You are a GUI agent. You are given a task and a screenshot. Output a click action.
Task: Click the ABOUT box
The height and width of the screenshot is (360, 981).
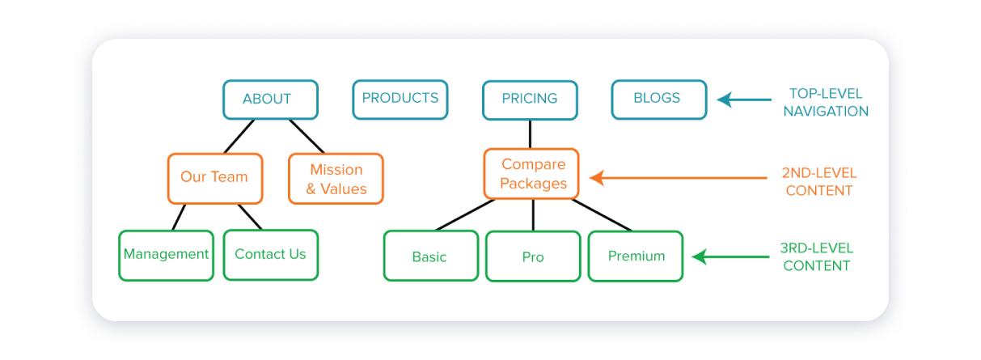tap(270, 100)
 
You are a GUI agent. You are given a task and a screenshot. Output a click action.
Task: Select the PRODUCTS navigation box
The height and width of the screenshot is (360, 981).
tap(400, 100)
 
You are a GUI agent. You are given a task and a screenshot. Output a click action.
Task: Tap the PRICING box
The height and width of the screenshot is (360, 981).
tap(530, 100)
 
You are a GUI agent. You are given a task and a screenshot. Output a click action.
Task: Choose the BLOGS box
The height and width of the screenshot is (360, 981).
tap(659, 100)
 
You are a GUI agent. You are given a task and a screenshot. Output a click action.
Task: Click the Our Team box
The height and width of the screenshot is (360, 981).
tap(215, 178)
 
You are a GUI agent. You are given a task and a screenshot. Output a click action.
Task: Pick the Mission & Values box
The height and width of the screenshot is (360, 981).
tap(336, 178)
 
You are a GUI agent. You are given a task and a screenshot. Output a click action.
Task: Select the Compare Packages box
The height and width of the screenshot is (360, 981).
tap(531, 174)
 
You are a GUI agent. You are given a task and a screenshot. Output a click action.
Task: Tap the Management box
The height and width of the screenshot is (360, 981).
tap(166, 256)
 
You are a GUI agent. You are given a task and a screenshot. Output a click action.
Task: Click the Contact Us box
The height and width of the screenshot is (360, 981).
tap(271, 255)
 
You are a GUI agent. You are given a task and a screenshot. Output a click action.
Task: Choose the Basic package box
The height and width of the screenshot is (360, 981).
tap(431, 256)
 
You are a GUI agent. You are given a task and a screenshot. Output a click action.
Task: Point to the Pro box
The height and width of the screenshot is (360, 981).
tap(533, 256)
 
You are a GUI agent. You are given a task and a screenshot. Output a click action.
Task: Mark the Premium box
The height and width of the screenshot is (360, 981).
tap(636, 256)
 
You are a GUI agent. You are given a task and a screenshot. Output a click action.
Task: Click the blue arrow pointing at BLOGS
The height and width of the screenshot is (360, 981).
tap(743, 100)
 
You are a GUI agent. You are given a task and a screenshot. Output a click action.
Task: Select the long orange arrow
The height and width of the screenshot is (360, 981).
tap(678, 178)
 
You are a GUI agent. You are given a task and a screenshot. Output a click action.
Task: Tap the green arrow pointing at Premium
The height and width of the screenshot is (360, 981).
tap(730, 256)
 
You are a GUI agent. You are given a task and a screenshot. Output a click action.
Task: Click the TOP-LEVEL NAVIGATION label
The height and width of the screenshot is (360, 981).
tap(826, 103)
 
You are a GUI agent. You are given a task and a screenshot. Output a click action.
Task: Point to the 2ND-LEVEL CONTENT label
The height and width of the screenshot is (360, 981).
tap(819, 182)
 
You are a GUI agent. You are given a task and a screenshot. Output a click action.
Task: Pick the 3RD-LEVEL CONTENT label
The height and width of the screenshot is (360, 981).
tap(816, 257)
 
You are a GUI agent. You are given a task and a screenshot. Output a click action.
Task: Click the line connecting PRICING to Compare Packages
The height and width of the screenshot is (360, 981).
tap(530, 134)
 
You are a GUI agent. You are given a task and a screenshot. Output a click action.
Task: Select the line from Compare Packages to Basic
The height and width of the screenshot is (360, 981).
tap(465, 214)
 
